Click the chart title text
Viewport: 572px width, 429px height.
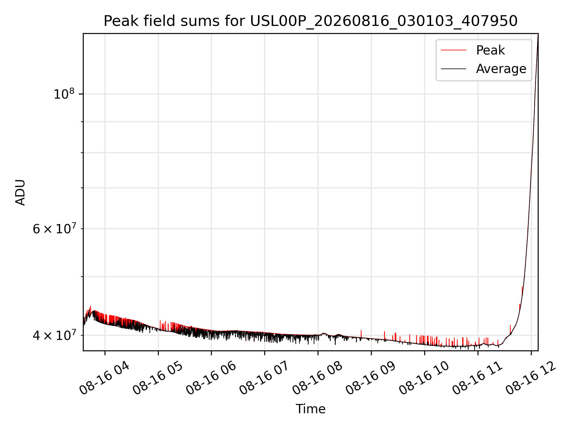tap(310, 21)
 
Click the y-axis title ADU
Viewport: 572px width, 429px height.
tap(20, 192)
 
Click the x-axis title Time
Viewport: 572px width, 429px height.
tap(310, 409)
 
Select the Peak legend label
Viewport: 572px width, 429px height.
tap(490, 50)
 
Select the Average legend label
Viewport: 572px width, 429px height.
tap(501, 69)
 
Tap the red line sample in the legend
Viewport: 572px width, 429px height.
tap(453, 50)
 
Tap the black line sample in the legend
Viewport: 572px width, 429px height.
tap(453, 69)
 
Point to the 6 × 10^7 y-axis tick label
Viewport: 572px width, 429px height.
tap(54, 229)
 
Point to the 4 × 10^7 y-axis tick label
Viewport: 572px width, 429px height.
tap(54, 335)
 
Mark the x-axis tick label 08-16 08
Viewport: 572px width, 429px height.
tap(318, 378)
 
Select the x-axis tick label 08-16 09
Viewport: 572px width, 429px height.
tap(371, 378)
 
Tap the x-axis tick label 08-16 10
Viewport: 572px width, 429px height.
tap(425, 378)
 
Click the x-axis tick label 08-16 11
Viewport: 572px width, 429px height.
tap(478, 378)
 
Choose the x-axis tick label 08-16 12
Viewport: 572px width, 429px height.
tap(531, 378)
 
